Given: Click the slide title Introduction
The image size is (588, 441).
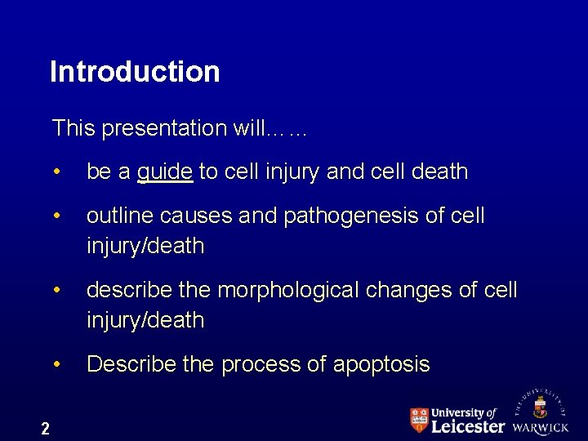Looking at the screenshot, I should tap(135, 72).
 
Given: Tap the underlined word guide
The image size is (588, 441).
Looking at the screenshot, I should tap(165, 172).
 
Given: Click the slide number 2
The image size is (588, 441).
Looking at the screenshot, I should tap(45, 429).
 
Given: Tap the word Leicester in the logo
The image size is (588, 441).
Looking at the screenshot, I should tap(467, 426).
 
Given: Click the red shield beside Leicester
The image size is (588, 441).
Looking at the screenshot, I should tap(418, 420).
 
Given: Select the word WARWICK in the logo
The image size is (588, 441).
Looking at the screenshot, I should tap(540, 427).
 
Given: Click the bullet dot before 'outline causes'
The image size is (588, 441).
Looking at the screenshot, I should tap(57, 217).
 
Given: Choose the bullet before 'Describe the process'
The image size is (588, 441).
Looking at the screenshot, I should tap(57, 365).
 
